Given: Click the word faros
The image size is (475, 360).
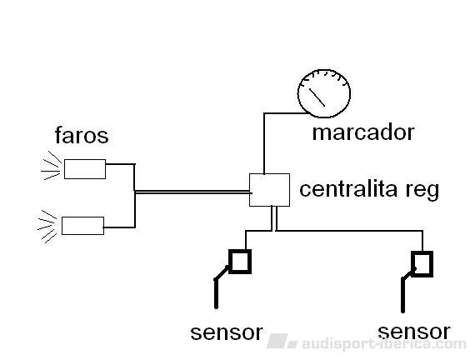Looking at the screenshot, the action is (x=82, y=135).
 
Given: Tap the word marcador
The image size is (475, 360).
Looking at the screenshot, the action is (x=363, y=132).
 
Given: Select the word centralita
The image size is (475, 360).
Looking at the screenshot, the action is (x=348, y=189).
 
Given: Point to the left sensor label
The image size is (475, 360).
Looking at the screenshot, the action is (x=227, y=332).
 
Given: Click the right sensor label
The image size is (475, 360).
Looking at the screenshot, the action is (x=414, y=332).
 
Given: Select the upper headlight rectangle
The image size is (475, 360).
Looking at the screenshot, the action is (x=85, y=169).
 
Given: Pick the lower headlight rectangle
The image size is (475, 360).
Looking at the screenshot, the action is (x=83, y=226).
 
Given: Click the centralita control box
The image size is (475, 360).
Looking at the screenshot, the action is (x=269, y=190).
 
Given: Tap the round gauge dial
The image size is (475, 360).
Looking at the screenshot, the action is (x=324, y=93).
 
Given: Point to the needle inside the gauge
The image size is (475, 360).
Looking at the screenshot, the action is (x=317, y=97).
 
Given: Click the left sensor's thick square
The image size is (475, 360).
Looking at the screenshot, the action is (x=240, y=262).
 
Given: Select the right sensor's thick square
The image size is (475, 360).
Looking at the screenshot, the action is (x=422, y=264).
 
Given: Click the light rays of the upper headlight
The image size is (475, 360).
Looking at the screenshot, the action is (x=52, y=166).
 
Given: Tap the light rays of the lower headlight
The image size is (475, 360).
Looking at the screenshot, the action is (x=47, y=227).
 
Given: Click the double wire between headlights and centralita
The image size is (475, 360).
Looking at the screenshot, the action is (x=192, y=192).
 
